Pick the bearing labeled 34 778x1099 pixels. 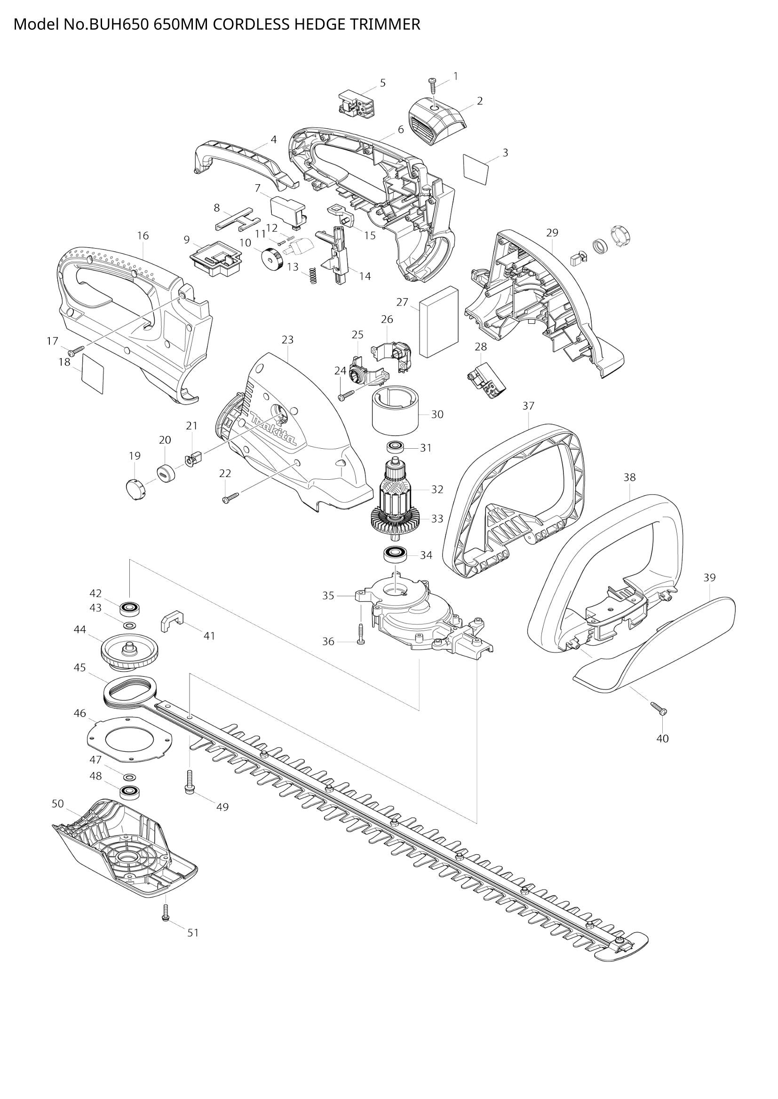coord(395,554)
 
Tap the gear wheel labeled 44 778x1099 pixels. coord(130,651)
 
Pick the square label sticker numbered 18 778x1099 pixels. coord(93,374)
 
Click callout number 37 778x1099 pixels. coord(528,406)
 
